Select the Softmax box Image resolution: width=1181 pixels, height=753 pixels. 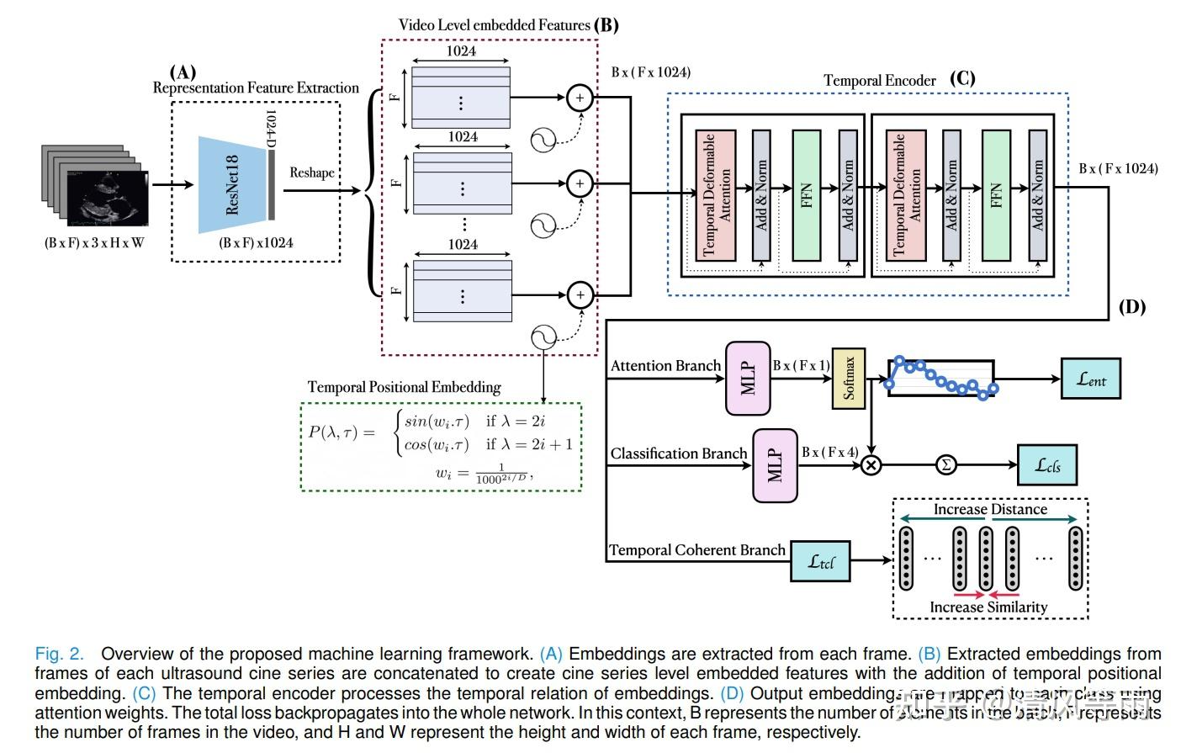click(848, 378)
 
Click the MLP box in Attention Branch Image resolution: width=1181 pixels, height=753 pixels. click(748, 379)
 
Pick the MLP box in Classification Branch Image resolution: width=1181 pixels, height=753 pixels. click(775, 465)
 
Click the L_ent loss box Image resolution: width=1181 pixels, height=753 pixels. click(1091, 379)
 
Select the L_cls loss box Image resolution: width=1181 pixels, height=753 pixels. click(1047, 464)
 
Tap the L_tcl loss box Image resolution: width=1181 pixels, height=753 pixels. click(820, 561)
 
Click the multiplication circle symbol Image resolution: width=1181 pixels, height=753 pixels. click(871, 464)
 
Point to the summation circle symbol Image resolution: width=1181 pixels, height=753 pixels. click(946, 464)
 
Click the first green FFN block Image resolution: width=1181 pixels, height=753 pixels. click(807, 195)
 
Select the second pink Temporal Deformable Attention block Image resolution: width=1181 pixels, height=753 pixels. click(906, 195)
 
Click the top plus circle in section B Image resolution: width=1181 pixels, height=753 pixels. click(580, 98)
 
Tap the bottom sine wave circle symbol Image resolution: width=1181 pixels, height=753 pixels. click(544, 338)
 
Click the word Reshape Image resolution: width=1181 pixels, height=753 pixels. click(312, 172)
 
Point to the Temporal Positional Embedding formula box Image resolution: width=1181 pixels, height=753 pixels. click(441, 447)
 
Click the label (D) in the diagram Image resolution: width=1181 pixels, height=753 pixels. click(1131, 307)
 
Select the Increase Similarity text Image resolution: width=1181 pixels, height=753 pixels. click(988, 607)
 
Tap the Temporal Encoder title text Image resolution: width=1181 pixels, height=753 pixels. click(879, 81)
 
